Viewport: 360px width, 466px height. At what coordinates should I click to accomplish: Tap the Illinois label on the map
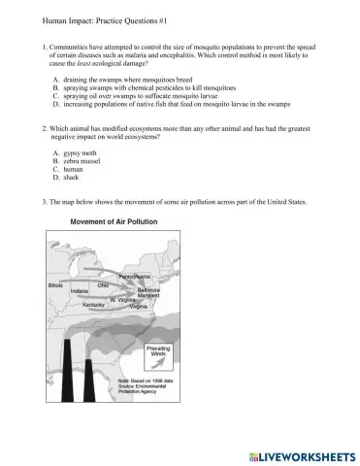click(x=56, y=286)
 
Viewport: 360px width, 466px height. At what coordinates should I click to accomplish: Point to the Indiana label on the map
click(x=80, y=291)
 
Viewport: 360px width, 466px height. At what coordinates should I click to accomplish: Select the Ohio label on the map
click(x=103, y=284)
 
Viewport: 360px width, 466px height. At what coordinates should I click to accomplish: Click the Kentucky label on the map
click(x=94, y=305)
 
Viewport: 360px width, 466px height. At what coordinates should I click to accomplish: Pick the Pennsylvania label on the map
click(x=134, y=277)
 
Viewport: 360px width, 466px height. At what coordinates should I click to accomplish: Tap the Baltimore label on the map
click(x=148, y=289)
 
